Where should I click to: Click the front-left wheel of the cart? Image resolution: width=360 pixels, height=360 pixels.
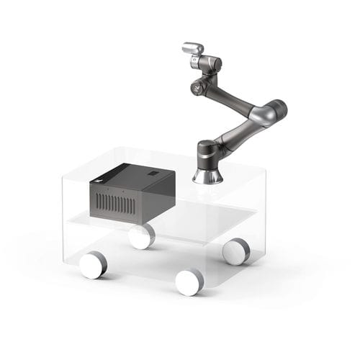point(93,265)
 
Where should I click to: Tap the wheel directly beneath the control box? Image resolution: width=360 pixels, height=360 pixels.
point(142,236)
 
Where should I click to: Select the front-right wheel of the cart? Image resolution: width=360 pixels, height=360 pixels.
point(190,282)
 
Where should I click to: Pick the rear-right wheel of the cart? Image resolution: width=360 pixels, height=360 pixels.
point(235,251)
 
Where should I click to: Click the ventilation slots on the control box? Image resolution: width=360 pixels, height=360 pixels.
point(116,204)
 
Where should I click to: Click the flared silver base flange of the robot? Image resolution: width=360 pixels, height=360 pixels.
point(207,175)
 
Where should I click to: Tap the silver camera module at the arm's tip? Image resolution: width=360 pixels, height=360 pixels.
point(193,48)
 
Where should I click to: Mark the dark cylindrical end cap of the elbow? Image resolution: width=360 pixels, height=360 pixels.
point(279,108)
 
